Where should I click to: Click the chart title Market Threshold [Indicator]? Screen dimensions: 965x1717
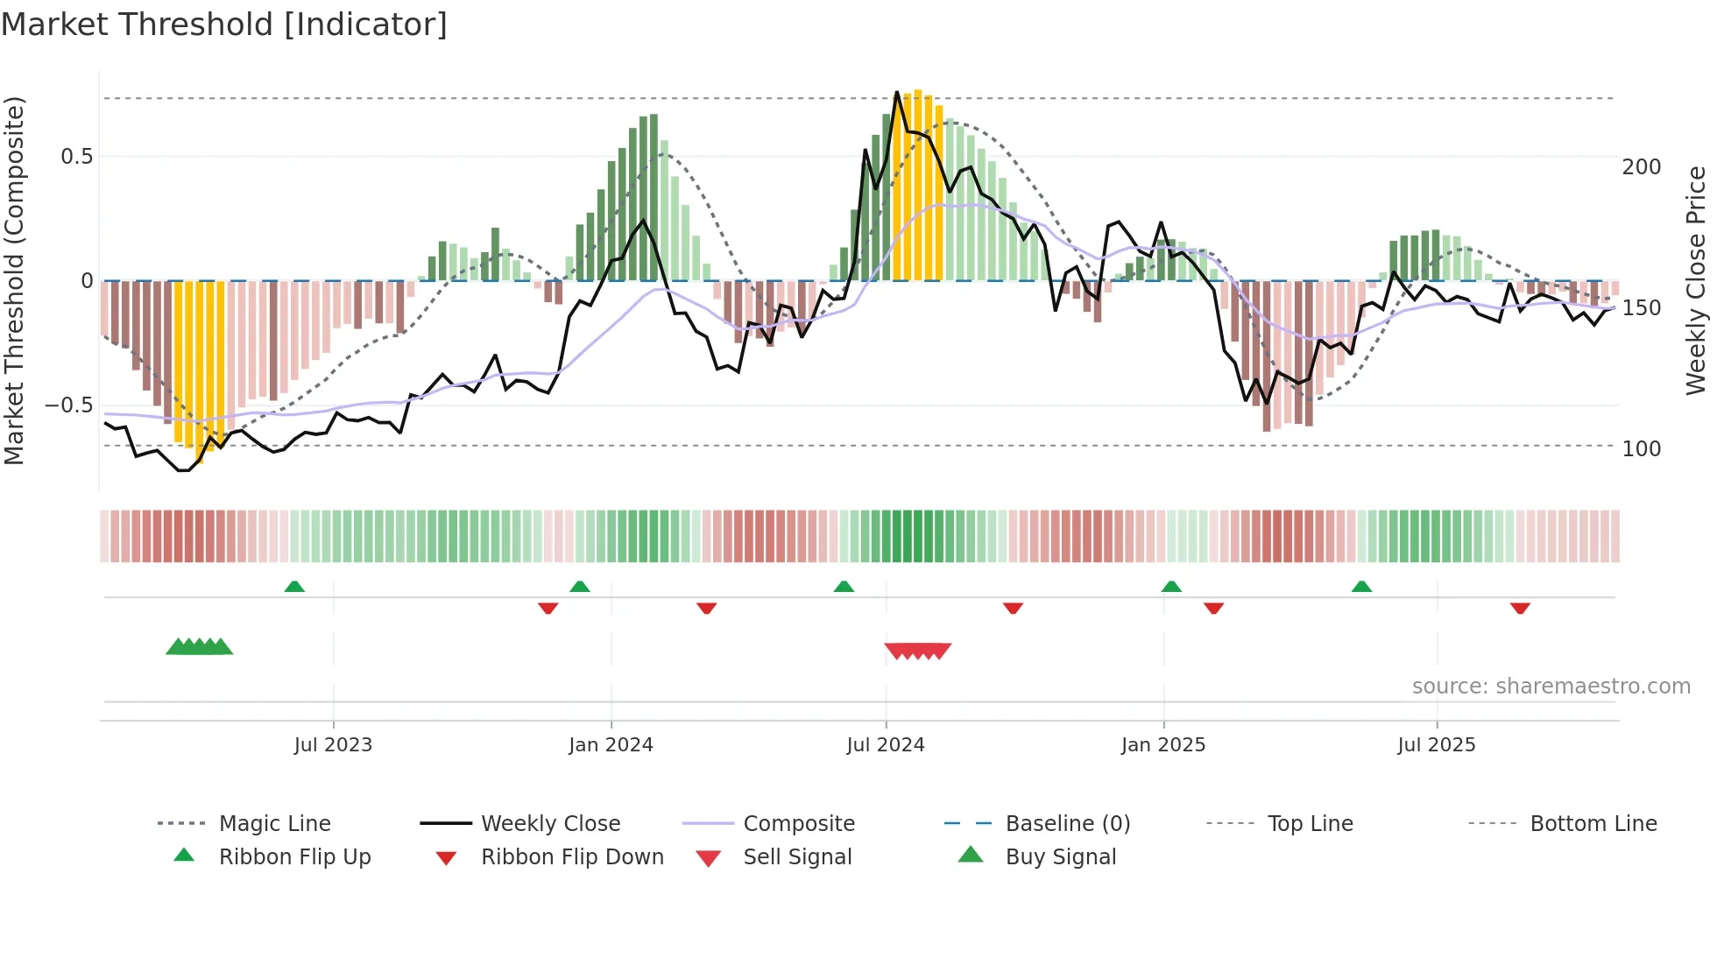click(224, 25)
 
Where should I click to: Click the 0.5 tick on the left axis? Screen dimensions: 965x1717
click(76, 157)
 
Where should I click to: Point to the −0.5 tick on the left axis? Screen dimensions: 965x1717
click(68, 405)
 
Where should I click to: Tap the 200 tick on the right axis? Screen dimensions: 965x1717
click(1641, 167)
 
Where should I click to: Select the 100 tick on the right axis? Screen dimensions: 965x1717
click(1641, 449)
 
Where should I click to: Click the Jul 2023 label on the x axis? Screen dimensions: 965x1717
click(333, 745)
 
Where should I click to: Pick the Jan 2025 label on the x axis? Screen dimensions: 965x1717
click(1162, 745)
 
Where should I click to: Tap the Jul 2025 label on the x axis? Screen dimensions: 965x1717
click(1436, 745)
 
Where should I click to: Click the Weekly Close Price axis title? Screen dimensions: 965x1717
click(1696, 280)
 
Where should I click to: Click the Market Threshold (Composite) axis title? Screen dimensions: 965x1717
click(14, 280)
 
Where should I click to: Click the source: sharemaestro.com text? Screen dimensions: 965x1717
click(1551, 687)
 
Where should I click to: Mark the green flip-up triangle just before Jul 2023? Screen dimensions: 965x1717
click(294, 587)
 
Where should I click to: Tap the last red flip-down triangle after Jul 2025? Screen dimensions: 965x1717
click(1520, 608)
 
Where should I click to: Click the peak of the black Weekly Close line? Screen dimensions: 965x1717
click(897, 92)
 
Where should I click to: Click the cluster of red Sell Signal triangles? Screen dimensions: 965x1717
click(917, 651)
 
